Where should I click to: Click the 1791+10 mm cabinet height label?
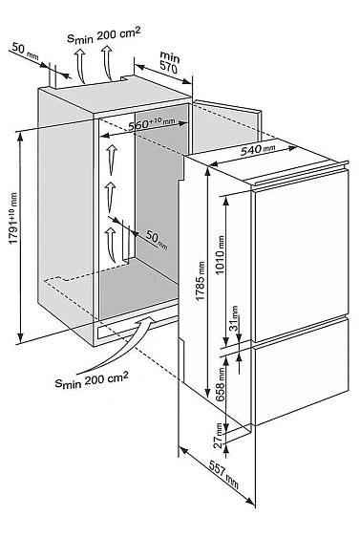click(x=12, y=218)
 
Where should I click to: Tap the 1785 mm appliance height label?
click(x=200, y=281)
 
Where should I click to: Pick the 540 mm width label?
click(x=258, y=149)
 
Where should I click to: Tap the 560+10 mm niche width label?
click(x=152, y=123)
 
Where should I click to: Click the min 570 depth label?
click(x=169, y=62)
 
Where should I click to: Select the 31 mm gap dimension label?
click(x=234, y=318)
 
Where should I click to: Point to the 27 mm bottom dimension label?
click(x=218, y=436)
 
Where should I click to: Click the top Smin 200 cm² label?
click(x=103, y=35)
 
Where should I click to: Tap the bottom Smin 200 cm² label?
click(x=92, y=379)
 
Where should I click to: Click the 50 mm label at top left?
click(x=25, y=51)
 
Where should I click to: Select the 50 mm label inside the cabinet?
click(x=157, y=240)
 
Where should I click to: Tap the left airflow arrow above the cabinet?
click(x=80, y=65)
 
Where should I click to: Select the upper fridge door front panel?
click(x=300, y=254)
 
